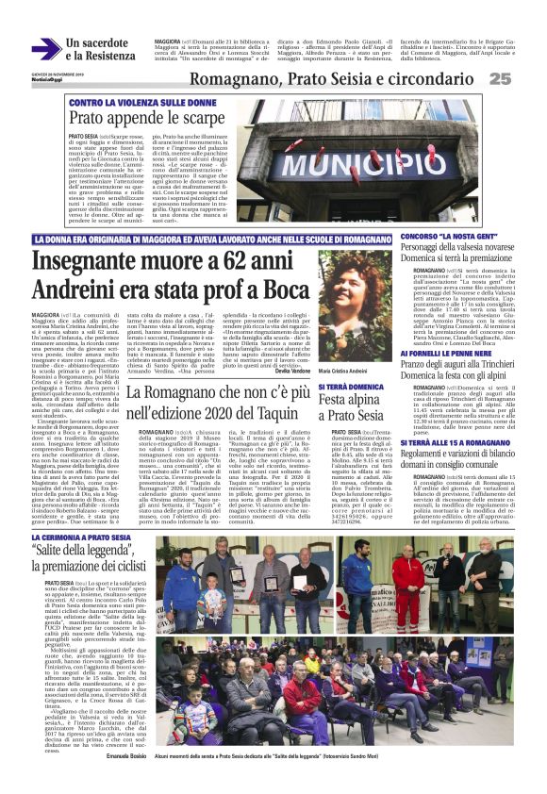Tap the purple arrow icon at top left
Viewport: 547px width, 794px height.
click(45, 49)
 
